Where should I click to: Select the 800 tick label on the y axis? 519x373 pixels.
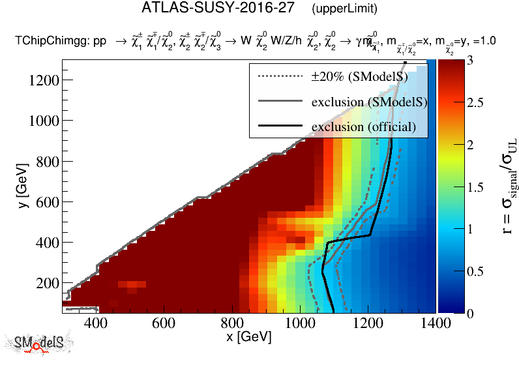[x=44, y=162]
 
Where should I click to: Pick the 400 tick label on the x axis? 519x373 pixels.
[x=96, y=323]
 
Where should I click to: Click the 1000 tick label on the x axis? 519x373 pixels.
[x=301, y=323]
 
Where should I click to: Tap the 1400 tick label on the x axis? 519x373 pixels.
[x=436, y=323]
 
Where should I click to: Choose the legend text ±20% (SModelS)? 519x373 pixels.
[x=359, y=77]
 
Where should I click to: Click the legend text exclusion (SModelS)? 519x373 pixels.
[x=369, y=102]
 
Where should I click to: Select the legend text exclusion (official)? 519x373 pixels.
[x=363, y=126]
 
